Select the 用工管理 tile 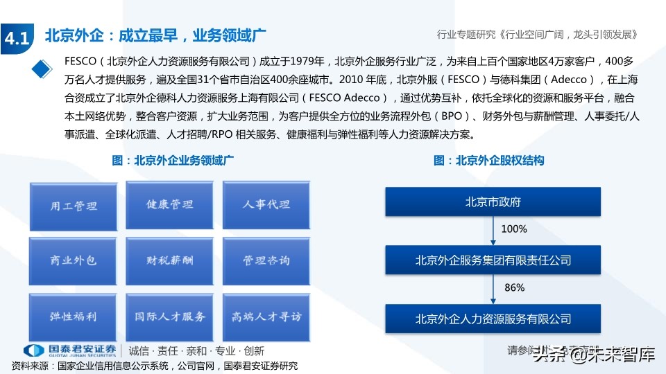(x=73, y=206)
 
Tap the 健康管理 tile (x=169, y=205)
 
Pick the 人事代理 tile (x=266, y=205)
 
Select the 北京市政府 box (x=493, y=203)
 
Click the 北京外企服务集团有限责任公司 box (x=493, y=260)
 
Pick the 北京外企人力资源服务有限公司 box (x=493, y=319)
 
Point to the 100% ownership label (x=514, y=229)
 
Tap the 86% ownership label (x=514, y=287)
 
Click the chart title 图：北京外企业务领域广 (x=173, y=161)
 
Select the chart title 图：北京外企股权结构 (x=489, y=161)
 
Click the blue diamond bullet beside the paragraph (x=43, y=68)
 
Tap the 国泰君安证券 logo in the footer (x=69, y=350)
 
